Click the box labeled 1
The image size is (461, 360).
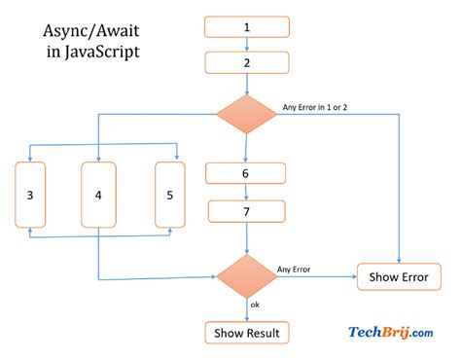[x=246, y=27]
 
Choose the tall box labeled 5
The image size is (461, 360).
[x=170, y=195]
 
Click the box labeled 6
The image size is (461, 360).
[x=246, y=173]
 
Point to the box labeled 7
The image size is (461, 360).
[x=246, y=210]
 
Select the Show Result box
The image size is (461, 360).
[x=246, y=334]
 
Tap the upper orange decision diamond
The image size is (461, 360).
[x=246, y=113]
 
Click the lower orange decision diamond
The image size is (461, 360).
[x=246, y=276]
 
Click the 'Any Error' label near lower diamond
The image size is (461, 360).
[x=295, y=269]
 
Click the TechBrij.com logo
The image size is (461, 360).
[x=391, y=334]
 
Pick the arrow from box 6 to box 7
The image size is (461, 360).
[x=246, y=192]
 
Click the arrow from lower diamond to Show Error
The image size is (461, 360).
[x=316, y=277]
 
